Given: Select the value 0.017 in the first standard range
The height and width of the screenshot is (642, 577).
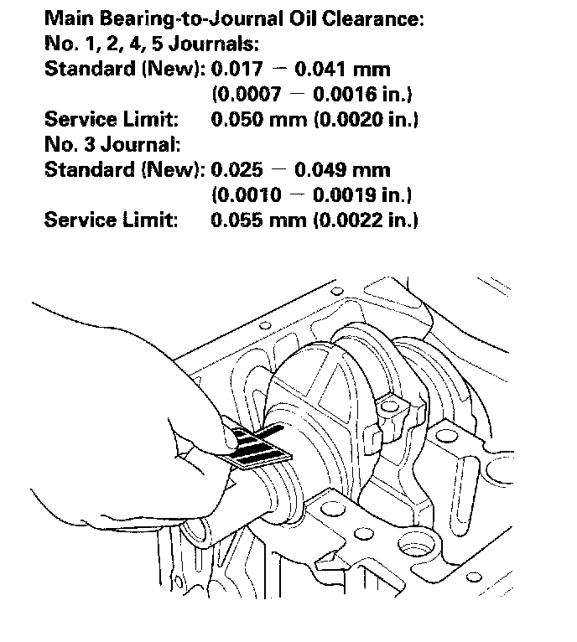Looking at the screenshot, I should point(237,69).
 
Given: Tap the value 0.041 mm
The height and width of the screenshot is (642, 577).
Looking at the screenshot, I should point(344,69).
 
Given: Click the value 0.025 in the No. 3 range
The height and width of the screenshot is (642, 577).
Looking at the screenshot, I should point(237,170).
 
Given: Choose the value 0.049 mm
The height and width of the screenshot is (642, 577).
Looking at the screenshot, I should point(344,170).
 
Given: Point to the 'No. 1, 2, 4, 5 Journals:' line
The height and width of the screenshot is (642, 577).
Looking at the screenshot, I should point(138,43).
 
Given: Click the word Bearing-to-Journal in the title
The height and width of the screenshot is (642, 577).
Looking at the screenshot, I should point(201,18).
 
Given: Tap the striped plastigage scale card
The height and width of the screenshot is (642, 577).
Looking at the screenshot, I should point(258,444).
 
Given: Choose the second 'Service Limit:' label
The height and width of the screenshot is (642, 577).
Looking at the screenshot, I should point(111,220).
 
